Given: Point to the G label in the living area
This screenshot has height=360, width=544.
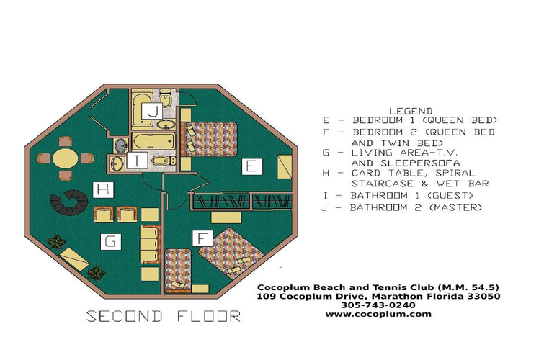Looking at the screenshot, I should (x=110, y=242).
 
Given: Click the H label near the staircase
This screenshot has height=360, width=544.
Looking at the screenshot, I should (x=104, y=190).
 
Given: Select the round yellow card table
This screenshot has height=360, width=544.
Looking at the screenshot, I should (x=66, y=158).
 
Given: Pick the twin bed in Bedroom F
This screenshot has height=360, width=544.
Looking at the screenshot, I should (x=177, y=268).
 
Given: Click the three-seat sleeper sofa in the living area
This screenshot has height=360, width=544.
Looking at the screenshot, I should (x=151, y=243).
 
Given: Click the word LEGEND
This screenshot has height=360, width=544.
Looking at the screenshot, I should (x=410, y=111).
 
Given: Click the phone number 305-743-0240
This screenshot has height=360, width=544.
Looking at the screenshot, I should (x=378, y=305).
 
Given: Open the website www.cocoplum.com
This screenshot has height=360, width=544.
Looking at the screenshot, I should (x=378, y=314).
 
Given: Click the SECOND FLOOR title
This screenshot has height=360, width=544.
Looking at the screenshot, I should (x=164, y=316).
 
